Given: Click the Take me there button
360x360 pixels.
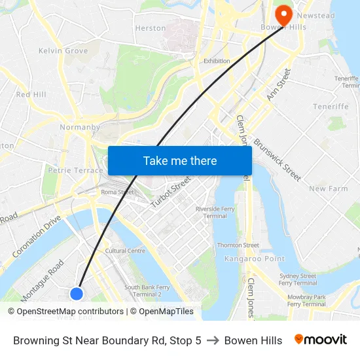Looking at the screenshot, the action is pos(180,160).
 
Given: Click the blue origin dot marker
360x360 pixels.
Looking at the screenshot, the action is pos(77,294).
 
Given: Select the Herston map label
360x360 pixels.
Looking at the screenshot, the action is pos(150,28).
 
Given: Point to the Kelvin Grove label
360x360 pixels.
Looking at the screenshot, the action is pos(63,50).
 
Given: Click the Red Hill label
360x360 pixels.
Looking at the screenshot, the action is pos(31,94).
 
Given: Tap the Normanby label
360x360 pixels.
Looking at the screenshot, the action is pos(79,127).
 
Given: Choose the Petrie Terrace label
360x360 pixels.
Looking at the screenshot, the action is pos(75,170).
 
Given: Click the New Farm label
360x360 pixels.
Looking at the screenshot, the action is pos(328,189).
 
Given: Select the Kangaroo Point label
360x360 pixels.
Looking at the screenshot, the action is pos(255,259).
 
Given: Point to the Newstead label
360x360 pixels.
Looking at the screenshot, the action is pos(315,15).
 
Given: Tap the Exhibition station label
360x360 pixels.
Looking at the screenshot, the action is pos(217,61).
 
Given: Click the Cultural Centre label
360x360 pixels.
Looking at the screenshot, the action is pos(125,250).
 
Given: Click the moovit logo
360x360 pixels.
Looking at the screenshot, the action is pos(320,340).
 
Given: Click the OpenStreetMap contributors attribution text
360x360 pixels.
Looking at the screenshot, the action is pos(70,312).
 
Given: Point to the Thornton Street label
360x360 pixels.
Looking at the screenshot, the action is pos(238,245).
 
